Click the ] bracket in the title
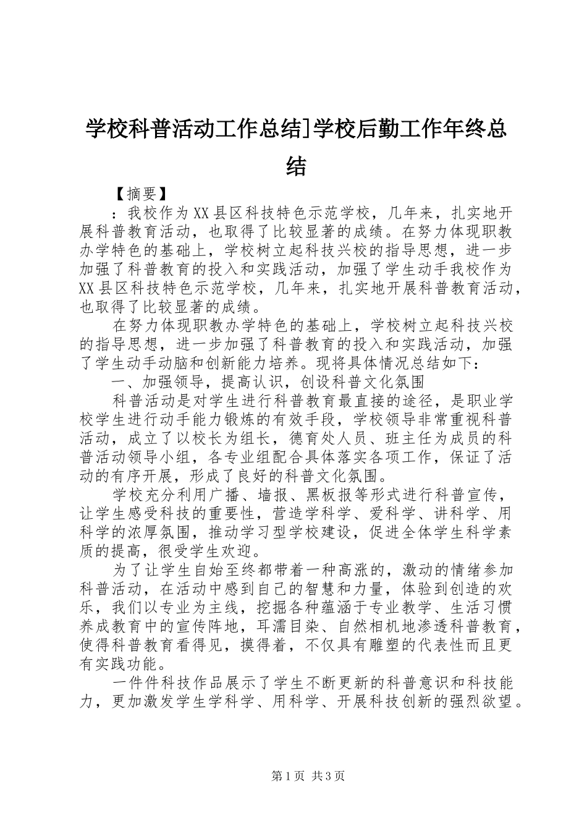(305, 129)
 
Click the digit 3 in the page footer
(331, 777)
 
